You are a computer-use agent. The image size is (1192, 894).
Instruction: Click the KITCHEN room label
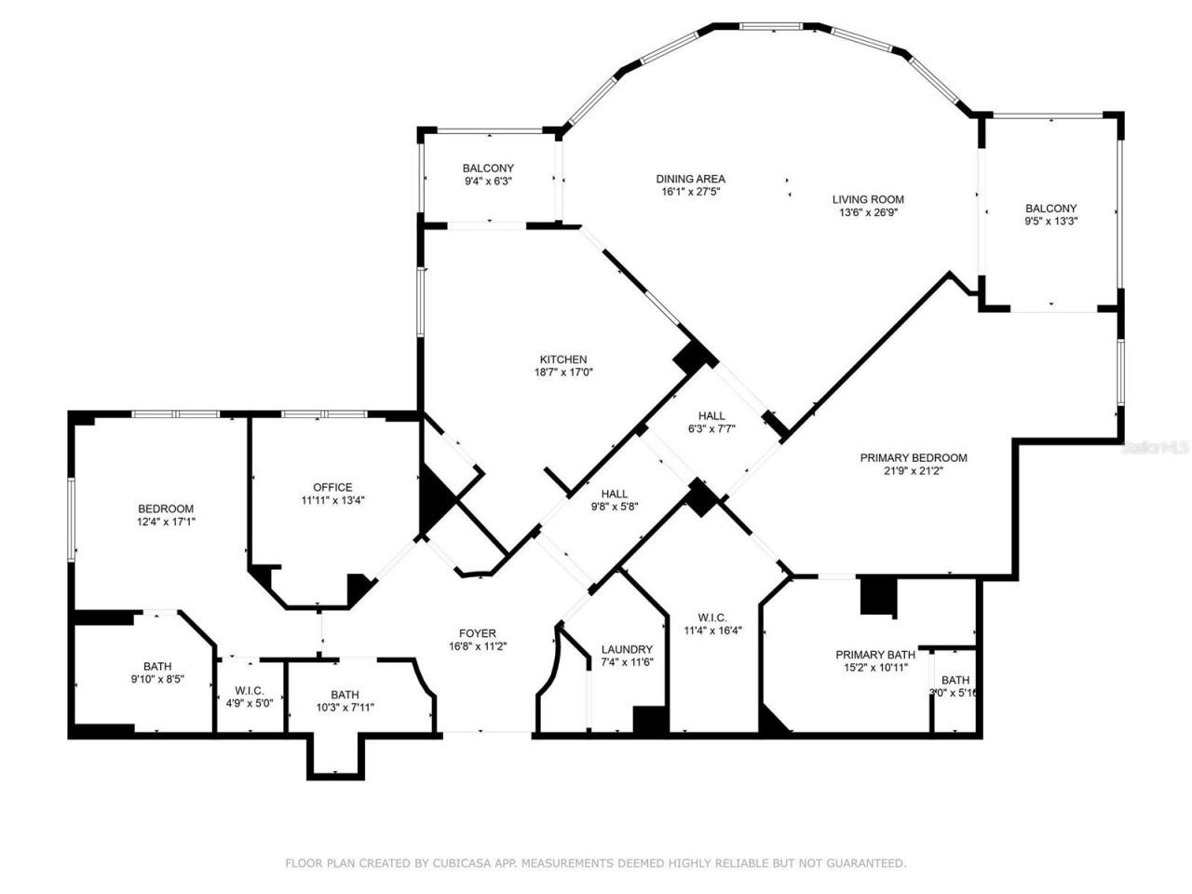[563, 359]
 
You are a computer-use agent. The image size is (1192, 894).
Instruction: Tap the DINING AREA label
[690, 179]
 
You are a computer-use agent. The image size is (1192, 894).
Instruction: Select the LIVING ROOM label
[868, 199]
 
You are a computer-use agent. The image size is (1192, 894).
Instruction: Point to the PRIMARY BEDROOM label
[913, 457]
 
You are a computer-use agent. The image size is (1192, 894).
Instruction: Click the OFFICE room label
[332, 487]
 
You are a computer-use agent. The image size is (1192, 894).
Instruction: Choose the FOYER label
[478, 633]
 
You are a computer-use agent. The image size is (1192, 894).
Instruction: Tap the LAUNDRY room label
[627, 649]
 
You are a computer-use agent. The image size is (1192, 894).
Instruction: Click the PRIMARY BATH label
[874, 655]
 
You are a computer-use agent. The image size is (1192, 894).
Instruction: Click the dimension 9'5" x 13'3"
[1050, 221]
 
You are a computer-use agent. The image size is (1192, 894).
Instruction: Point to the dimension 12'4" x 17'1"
[166, 521]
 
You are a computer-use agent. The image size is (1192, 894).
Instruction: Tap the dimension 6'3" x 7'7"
[711, 429]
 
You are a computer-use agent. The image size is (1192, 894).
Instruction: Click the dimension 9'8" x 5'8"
[614, 507]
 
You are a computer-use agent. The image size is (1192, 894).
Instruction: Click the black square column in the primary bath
[877, 596]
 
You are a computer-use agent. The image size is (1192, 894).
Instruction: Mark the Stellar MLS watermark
[1156, 447]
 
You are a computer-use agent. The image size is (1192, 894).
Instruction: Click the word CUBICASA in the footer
[463, 863]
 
